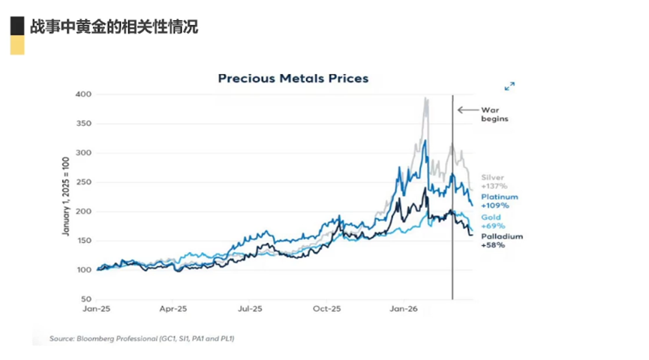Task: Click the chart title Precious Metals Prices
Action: (293, 78)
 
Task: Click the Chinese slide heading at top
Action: (113, 27)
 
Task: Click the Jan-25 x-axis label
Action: (98, 309)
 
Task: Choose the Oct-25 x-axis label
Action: (326, 309)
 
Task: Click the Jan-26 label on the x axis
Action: (404, 309)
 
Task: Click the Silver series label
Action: (492, 178)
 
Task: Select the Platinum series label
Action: (499, 197)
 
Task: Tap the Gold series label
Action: (491, 217)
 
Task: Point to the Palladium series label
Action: (502, 236)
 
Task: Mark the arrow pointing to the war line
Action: (465, 109)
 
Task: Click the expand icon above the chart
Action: (509, 86)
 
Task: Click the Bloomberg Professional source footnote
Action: (143, 339)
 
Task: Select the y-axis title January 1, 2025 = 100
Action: (65, 196)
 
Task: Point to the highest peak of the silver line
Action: (426, 98)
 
